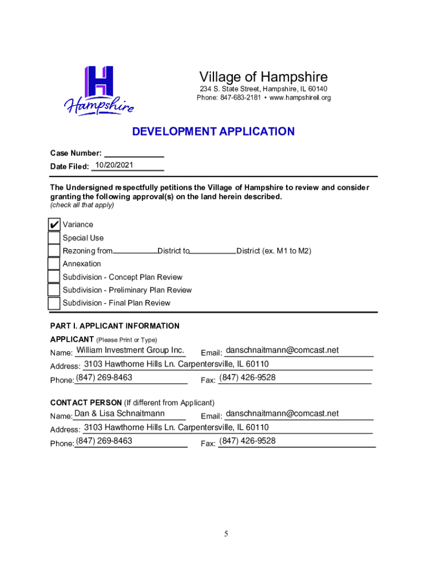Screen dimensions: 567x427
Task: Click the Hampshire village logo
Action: click(x=99, y=90)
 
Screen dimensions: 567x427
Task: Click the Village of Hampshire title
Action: click(x=263, y=77)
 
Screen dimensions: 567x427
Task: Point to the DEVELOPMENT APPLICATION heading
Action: click(x=213, y=132)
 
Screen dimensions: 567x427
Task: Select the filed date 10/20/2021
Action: click(x=114, y=165)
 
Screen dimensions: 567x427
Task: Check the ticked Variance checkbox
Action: click(x=54, y=225)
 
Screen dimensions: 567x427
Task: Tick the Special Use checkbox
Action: click(x=54, y=238)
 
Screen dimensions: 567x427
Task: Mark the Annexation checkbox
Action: click(x=54, y=264)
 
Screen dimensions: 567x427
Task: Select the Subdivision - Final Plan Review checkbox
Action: click(x=54, y=303)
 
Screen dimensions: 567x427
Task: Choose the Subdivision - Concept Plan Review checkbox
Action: click(x=54, y=277)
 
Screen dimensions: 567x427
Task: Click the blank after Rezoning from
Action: click(x=135, y=250)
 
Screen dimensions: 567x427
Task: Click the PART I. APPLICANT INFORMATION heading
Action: click(x=115, y=326)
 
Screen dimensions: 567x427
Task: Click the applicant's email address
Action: click(x=282, y=350)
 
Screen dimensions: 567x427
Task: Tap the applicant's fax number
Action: click(x=247, y=378)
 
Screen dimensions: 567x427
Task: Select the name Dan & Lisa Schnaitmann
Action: click(x=119, y=414)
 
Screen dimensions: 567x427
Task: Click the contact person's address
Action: click(x=176, y=427)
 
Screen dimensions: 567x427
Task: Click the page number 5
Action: click(x=226, y=534)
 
